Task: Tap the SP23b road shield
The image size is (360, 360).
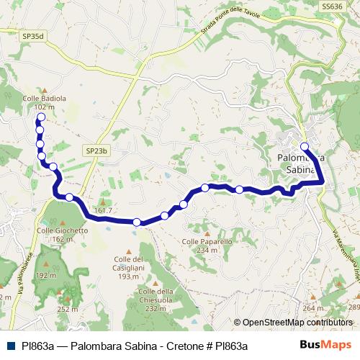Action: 96,150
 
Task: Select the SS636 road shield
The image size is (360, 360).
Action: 331,5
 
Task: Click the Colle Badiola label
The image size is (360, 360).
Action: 45,98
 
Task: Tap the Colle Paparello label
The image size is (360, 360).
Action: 207,242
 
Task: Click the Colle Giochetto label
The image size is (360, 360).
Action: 62,230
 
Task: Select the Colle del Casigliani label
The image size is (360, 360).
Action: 129,263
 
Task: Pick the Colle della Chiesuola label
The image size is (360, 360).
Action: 156,295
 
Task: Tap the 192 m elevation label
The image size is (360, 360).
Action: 46,275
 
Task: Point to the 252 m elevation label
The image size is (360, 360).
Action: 67,309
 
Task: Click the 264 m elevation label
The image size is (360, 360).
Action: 313,308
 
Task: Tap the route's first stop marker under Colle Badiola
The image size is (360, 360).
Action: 40,117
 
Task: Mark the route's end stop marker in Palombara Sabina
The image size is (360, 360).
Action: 305,146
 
